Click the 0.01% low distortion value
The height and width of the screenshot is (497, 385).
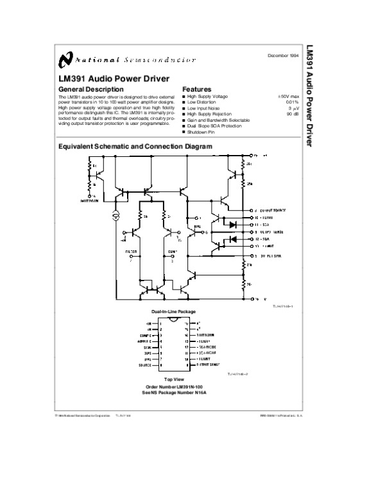[292, 102]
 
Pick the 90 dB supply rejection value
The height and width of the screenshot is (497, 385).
[293, 114]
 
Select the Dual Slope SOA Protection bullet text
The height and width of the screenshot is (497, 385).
[214, 126]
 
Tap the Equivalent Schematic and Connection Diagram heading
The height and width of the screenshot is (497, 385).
[135, 147]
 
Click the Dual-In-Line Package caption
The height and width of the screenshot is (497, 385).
[173, 311]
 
